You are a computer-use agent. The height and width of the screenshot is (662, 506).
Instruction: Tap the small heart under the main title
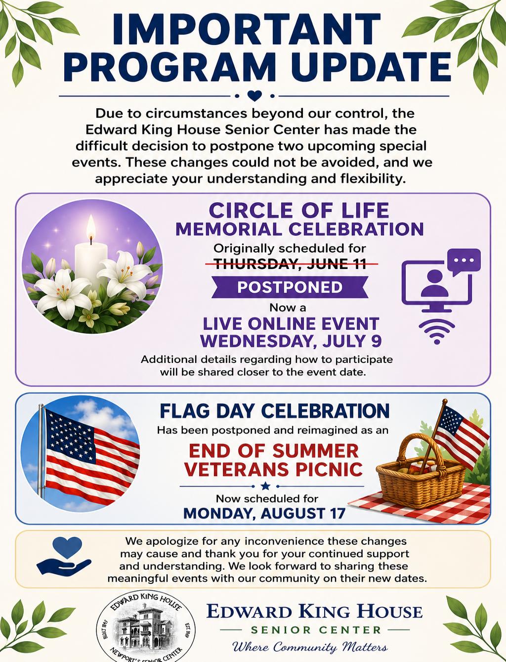[254, 96]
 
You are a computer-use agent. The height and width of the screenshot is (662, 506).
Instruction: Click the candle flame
[91, 226]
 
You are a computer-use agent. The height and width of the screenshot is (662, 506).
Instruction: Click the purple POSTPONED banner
[290, 287]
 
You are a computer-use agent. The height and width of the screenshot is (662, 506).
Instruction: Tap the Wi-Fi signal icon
[437, 332]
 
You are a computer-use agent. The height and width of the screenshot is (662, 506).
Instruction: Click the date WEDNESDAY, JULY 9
[291, 341]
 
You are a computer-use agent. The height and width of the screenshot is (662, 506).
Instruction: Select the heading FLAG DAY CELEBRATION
[274, 411]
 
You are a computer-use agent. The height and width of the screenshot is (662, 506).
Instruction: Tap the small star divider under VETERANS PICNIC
[265, 486]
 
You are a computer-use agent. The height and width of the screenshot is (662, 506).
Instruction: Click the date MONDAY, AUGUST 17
[264, 513]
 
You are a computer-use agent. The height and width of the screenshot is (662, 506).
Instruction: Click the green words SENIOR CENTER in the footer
[316, 630]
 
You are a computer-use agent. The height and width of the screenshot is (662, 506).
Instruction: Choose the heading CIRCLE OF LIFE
[298, 210]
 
